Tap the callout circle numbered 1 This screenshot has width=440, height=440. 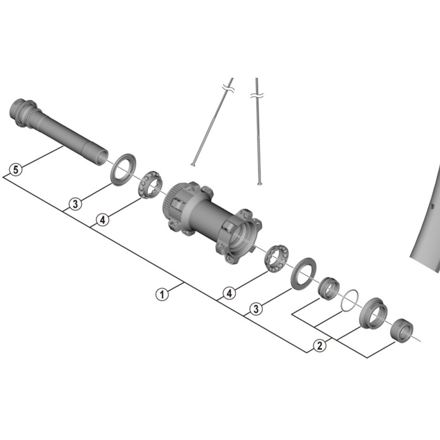[162, 294]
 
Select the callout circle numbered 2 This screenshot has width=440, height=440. [320, 345]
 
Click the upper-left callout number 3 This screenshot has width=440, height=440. [75, 204]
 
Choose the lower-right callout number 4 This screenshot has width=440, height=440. [229, 293]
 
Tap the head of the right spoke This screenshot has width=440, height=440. [259, 183]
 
